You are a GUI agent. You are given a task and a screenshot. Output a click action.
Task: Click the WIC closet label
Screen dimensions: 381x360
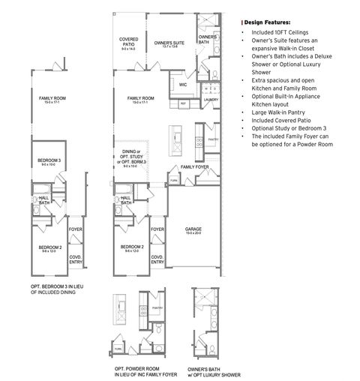point(182,85)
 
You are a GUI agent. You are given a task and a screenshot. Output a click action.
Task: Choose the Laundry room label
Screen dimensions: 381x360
point(211,99)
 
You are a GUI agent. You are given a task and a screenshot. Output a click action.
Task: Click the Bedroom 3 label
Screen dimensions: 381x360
point(49,160)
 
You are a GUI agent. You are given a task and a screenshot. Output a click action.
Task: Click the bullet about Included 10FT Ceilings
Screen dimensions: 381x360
point(278,34)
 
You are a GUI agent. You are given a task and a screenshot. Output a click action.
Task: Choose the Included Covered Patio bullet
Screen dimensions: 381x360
point(283,121)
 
